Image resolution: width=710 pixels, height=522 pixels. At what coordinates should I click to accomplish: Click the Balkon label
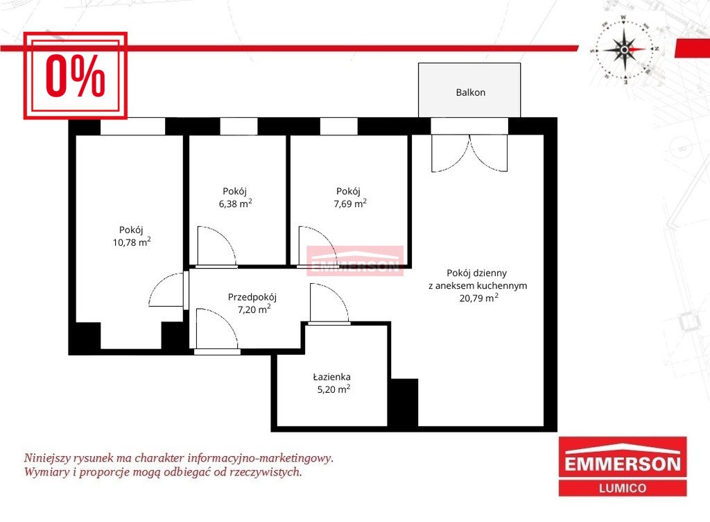point(471,92)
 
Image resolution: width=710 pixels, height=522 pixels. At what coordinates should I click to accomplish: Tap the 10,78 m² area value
point(132,242)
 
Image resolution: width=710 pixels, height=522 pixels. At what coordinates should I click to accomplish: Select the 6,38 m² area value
point(236,203)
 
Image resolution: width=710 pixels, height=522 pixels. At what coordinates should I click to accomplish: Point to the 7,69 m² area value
point(350,203)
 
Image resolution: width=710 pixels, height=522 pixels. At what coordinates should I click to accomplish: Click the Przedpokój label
point(252,297)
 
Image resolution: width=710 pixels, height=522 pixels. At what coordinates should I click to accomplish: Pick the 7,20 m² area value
point(254,309)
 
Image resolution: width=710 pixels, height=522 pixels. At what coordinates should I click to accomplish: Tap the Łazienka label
point(331,376)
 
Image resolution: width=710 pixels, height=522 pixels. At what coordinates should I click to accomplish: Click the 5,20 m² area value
point(334,389)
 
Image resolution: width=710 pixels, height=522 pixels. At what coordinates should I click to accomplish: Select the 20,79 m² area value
point(478,298)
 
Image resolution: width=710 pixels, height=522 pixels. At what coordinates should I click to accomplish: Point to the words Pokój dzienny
point(477,273)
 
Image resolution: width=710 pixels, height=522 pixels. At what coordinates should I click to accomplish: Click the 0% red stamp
point(75,76)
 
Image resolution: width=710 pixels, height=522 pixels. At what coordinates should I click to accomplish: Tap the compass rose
point(625,49)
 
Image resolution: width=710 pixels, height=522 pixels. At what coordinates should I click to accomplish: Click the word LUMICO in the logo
point(623,488)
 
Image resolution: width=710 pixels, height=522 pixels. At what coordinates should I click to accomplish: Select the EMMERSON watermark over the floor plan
point(355,261)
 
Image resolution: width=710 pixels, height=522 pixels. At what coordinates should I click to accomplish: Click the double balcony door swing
point(469,153)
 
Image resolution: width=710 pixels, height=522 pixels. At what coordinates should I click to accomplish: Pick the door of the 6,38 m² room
point(216,246)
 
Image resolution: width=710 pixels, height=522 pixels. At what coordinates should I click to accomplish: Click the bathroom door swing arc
point(329,303)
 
